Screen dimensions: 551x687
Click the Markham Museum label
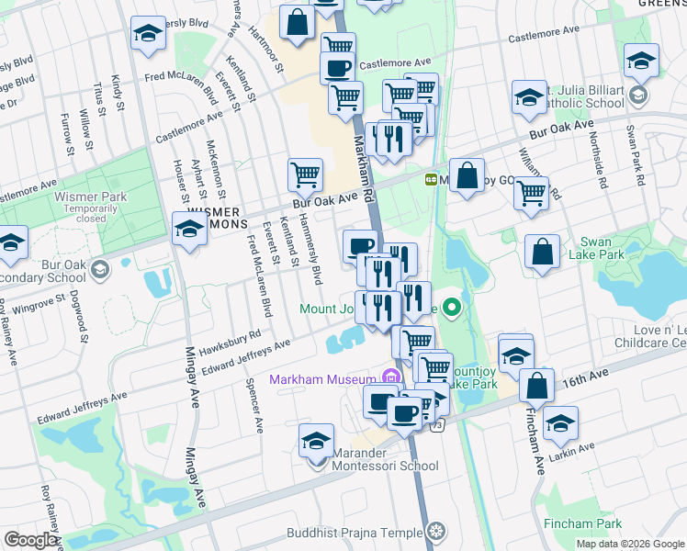pyautogui.click(x=321, y=379)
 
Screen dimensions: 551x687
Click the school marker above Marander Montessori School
pyautogui.click(x=316, y=441)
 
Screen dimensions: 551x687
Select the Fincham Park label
pyautogui.click(x=594, y=523)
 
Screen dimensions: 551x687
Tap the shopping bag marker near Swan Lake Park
pyautogui.click(x=543, y=252)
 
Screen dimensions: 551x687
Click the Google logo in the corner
pyautogui.click(x=30, y=540)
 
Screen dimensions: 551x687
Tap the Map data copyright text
pyautogui.click(x=629, y=544)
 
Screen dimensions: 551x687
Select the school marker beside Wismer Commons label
pyautogui.click(x=189, y=230)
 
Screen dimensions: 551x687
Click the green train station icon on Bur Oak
pyautogui.click(x=430, y=179)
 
